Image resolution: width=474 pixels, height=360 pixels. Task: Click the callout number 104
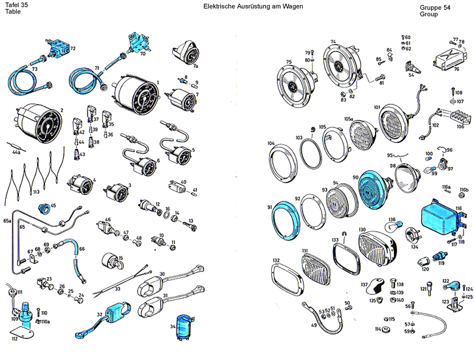click(x=271, y=143)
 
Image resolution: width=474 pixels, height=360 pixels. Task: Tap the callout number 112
click(x=15, y=338)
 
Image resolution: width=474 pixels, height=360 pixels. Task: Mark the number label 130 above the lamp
click(x=363, y=230)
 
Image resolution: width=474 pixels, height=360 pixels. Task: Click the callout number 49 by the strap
click(x=314, y=325)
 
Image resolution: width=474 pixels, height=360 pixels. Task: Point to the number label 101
click(x=377, y=107)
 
